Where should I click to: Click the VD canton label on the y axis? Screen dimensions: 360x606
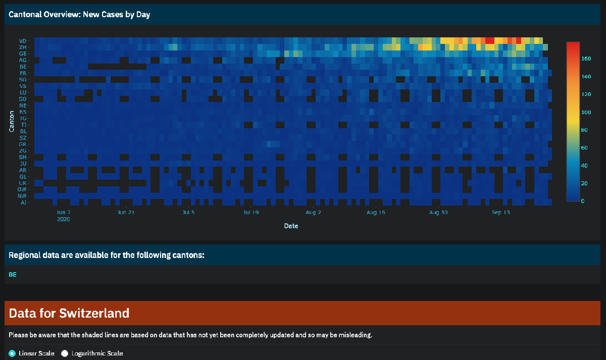tap(23, 41)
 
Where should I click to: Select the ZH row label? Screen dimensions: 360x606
tap(23, 47)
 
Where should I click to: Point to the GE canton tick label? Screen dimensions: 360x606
tap(23, 54)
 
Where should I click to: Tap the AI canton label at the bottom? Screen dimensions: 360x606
tap(24, 202)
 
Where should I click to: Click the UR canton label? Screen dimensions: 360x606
tap(23, 183)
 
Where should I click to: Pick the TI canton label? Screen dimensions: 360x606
tap(24, 124)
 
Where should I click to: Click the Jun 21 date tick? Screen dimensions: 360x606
tap(126, 213)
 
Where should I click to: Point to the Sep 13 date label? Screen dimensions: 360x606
tap(501, 213)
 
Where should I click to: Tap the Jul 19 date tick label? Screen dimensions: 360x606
tap(251, 213)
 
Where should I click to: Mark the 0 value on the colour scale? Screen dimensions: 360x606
tap(583, 201)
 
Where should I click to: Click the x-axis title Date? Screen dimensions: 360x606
tap(291, 226)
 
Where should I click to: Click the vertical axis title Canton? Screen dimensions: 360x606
tap(11, 122)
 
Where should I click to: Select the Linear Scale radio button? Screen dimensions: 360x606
tap(12, 353)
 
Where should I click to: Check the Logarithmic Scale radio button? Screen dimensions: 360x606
tap(65, 353)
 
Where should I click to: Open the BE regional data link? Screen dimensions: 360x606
tap(13, 275)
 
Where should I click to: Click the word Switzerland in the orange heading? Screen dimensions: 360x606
tap(94, 313)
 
